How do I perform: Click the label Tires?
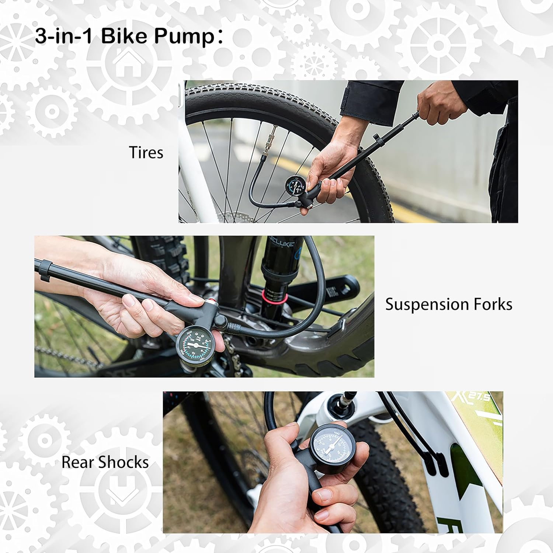click(146, 153)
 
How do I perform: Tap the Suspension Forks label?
click(448, 305)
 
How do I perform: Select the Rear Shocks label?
click(105, 462)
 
